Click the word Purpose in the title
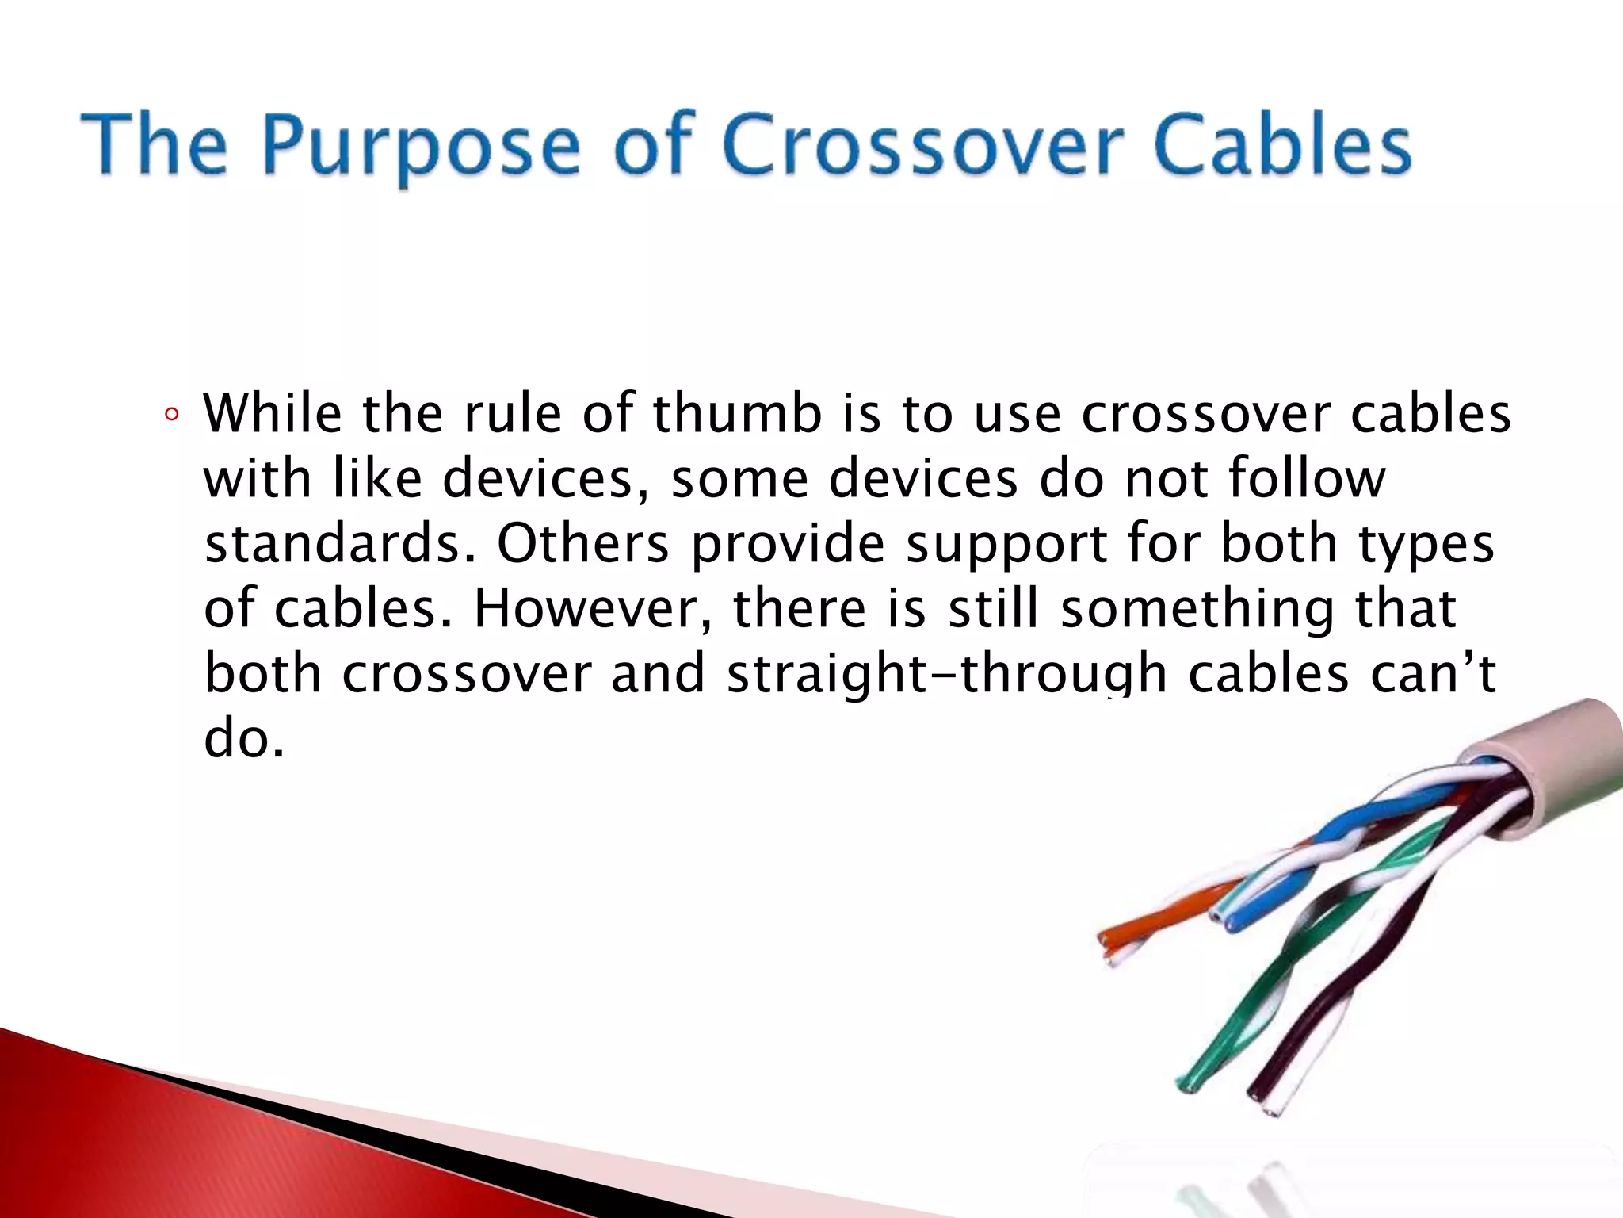(x=420, y=147)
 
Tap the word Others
(x=582, y=544)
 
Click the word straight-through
(x=947, y=674)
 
